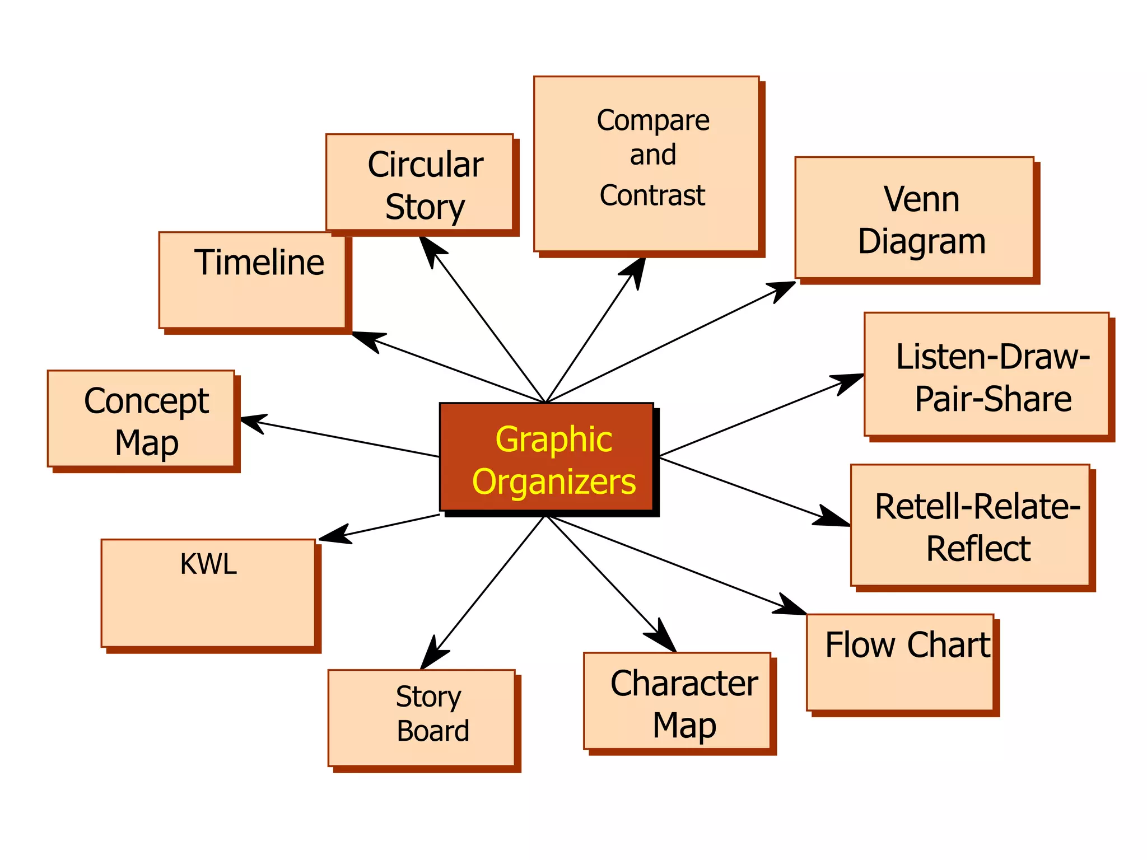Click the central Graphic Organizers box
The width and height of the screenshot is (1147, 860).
point(547,456)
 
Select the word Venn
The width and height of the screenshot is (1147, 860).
point(921,199)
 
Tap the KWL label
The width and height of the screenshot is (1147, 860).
point(208,564)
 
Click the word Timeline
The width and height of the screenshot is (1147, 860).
point(259,263)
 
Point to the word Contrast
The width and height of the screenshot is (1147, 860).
point(652,195)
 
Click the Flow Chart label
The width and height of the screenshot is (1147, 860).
point(907,645)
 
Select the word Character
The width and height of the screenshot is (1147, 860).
point(684,684)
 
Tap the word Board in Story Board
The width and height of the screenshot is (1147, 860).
point(433,731)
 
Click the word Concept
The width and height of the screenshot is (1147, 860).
point(147,401)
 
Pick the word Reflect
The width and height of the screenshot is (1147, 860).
point(978,549)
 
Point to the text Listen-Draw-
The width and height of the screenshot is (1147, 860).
point(992,357)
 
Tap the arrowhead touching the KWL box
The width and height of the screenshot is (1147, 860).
point(334,535)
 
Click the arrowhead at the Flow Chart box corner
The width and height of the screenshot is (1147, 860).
point(791,606)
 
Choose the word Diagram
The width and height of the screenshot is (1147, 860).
point(921,242)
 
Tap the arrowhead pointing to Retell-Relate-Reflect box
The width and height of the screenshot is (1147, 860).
point(832,517)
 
